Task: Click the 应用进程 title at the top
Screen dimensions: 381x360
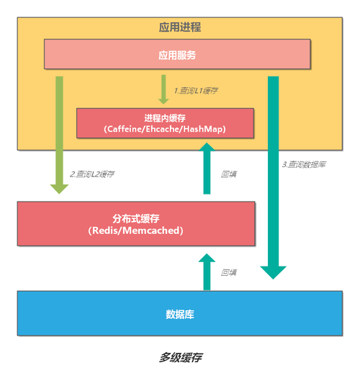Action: [x=179, y=27]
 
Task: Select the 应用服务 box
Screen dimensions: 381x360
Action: [x=177, y=55]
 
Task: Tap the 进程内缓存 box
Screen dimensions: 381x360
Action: [x=165, y=122]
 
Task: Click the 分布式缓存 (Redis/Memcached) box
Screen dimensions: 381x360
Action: [x=135, y=223]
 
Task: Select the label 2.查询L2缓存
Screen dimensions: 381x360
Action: [x=92, y=175]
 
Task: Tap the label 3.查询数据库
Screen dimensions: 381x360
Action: [x=304, y=165]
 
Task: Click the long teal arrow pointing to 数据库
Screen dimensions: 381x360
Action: [x=273, y=173]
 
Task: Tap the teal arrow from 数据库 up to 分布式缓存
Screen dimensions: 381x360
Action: [x=207, y=272]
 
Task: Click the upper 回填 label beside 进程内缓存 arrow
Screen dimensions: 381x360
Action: [x=229, y=174]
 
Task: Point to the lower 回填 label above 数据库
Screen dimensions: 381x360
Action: [x=229, y=272]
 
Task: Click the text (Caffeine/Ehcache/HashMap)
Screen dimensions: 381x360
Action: [x=165, y=129]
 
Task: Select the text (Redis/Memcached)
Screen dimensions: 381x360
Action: [x=135, y=230]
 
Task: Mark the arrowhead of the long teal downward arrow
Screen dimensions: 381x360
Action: [x=273, y=272]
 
